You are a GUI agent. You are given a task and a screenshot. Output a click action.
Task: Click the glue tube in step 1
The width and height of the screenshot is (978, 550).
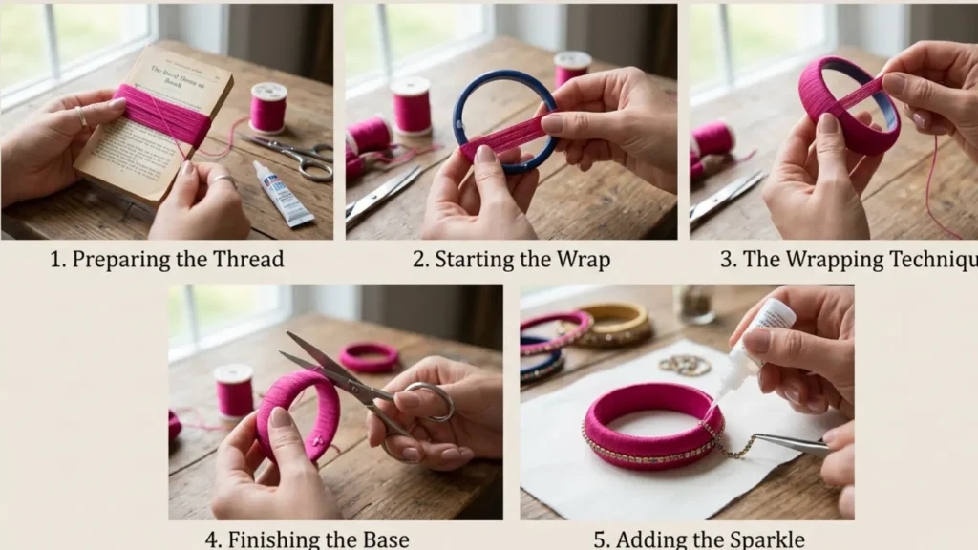(284, 195)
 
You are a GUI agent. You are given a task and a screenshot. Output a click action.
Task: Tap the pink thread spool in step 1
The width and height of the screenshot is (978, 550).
(268, 108)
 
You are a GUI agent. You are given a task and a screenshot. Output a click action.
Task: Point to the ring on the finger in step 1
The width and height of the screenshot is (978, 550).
(82, 117)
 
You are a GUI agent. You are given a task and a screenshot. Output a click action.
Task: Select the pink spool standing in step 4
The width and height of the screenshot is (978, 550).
(234, 391)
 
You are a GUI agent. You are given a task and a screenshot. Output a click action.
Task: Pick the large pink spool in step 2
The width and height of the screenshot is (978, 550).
(411, 106)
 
